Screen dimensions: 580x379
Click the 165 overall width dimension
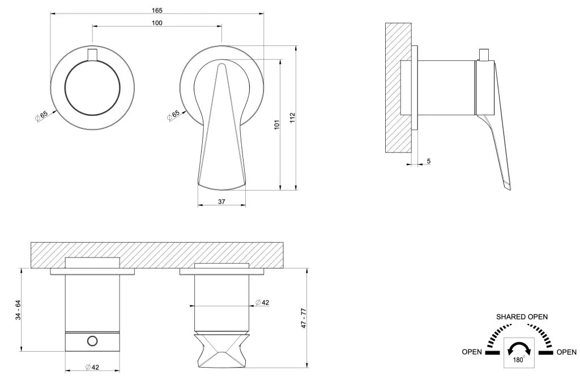coord(157,10)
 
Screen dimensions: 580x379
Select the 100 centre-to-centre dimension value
coord(157,23)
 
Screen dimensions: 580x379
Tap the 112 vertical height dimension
coord(293,118)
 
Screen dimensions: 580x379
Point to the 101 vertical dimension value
coord(277,125)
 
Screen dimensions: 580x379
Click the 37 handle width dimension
coord(221,202)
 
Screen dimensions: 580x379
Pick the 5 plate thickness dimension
coord(429,161)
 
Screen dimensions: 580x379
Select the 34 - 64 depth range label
coord(18,310)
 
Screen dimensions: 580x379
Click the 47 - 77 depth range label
coord(304,318)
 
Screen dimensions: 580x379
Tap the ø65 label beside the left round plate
coord(41,116)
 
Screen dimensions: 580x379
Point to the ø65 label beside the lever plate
coord(173,115)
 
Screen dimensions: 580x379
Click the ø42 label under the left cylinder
coord(92,367)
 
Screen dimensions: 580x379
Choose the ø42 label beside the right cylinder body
coord(262,302)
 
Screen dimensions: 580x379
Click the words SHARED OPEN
coord(522,317)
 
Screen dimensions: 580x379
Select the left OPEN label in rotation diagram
coord(472,352)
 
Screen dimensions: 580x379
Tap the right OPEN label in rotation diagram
coord(566,352)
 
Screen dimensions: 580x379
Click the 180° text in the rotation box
coord(518,360)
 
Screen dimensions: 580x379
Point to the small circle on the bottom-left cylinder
coord(92,340)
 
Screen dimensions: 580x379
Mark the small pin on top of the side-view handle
coord(484,54)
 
